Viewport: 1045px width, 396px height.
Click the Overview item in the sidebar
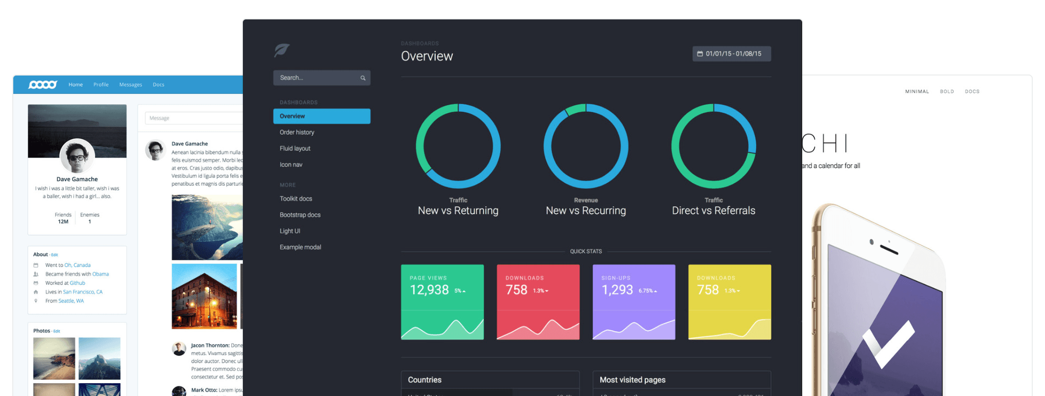[x=321, y=116]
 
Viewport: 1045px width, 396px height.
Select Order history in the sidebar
[x=297, y=132]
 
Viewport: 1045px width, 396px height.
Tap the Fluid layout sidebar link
[x=295, y=148]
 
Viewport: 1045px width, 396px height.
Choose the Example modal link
[x=300, y=247]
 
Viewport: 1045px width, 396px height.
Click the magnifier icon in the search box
[x=363, y=78]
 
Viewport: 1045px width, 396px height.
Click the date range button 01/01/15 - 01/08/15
[x=731, y=54]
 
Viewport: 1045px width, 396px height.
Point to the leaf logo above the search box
[x=282, y=50]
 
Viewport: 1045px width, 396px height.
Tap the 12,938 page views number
[x=429, y=290]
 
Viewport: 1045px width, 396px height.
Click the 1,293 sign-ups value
[x=617, y=290]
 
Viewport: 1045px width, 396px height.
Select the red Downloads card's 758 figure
[x=516, y=290]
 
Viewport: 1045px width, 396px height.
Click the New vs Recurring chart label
[x=585, y=211]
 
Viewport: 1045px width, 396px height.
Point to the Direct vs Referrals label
[x=713, y=211]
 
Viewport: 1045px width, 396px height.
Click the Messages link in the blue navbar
[x=131, y=85]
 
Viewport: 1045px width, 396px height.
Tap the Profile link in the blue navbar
[x=101, y=85]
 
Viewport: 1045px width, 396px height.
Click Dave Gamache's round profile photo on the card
[x=77, y=156]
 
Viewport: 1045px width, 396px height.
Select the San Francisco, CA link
[x=83, y=292]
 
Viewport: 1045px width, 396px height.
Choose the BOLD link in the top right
[x=947, y=92]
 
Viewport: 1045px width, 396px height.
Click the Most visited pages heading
[x=632, y=380]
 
